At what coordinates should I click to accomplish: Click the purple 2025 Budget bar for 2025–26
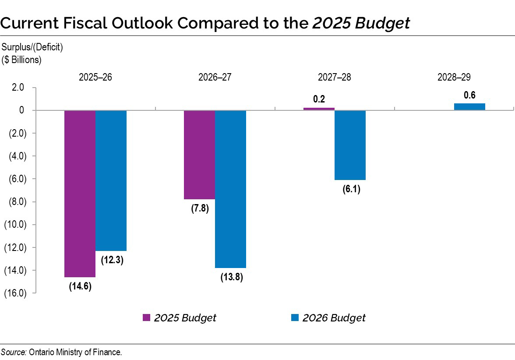80,193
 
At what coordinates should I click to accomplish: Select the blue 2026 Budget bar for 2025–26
111,180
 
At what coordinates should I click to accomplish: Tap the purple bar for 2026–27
199,155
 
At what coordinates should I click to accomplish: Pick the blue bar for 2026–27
231,189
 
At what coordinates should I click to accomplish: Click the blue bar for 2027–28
350,145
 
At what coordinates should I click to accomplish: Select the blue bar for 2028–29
469,106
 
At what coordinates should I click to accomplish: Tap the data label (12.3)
112,260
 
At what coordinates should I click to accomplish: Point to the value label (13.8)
231,277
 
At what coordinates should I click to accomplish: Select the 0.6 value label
469,95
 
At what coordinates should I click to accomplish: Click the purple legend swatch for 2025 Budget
147,318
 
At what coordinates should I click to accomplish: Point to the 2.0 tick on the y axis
18,88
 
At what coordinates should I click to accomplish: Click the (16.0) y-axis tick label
15,293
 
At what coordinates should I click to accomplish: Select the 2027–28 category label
334,78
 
